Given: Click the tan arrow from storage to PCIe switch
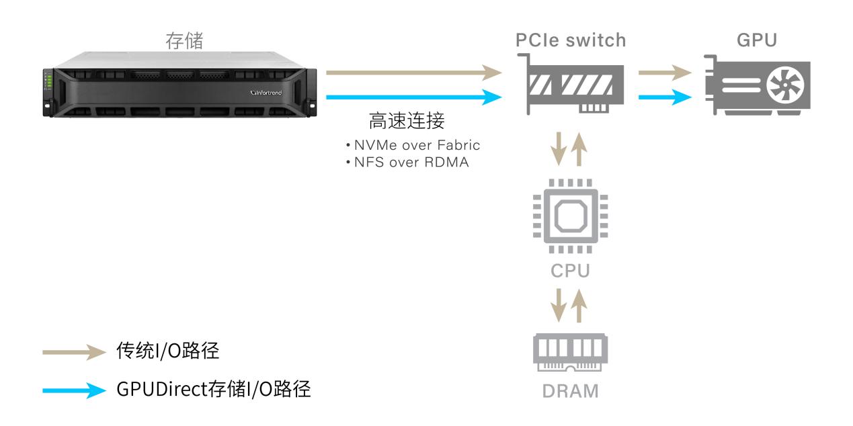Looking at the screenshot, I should pyautogui.click(x=414, y=72).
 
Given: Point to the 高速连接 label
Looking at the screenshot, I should pyautogui.click(x=407, y=122).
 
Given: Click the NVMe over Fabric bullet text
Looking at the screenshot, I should pyautogui.click(x=413, y=145).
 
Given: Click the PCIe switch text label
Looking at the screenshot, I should pyautogui.click(x=571, y=40).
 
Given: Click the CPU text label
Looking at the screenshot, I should pyautogui.click(x=571, y=272).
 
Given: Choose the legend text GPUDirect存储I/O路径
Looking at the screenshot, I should pyautogui.click(x=214, y=390).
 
